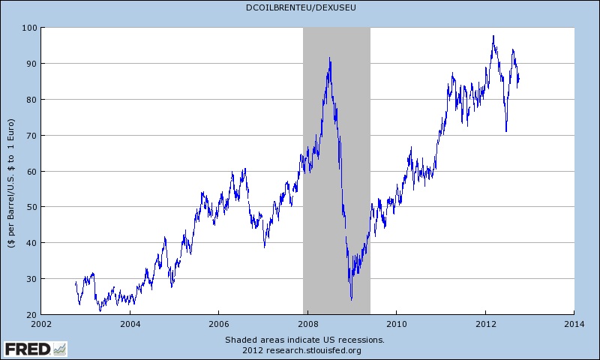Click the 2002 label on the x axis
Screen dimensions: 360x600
(x=42, y=324)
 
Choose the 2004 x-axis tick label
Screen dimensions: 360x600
(x=130, y=324)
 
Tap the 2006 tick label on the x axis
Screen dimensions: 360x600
(x=219, y=324)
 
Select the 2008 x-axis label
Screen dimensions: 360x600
(x=307, y=324)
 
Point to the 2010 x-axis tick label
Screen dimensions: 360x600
(x=396, y=324)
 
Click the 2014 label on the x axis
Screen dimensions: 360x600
(x=574, y=324)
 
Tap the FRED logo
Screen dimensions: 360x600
(x=34, y=349)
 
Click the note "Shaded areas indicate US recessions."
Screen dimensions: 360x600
(x=304, y=340)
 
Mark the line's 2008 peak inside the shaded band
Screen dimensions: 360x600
(x=330, y=58)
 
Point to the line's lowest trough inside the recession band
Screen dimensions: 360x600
(x=351, y=300)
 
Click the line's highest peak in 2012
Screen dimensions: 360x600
(x=493, y=36)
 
